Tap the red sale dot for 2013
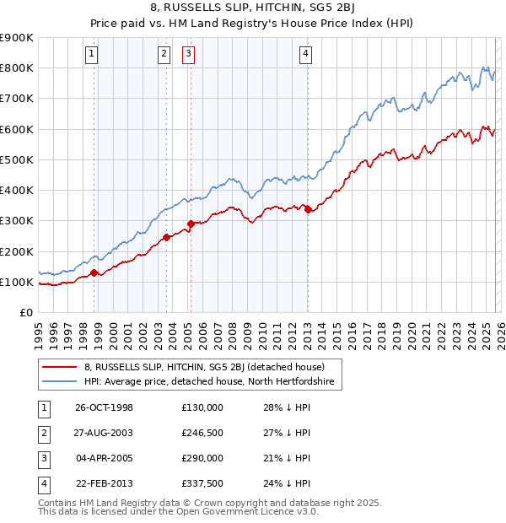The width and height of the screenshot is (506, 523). (x=308, y=209)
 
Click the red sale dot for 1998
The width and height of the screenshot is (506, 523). (x=94, y=272)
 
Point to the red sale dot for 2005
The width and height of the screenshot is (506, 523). (x=191, y=224)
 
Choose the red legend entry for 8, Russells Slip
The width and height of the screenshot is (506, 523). (x=211, y=367)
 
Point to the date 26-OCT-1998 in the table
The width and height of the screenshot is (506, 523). (x=105, y=407)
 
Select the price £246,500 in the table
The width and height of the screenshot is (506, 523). (x=202, y=432)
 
